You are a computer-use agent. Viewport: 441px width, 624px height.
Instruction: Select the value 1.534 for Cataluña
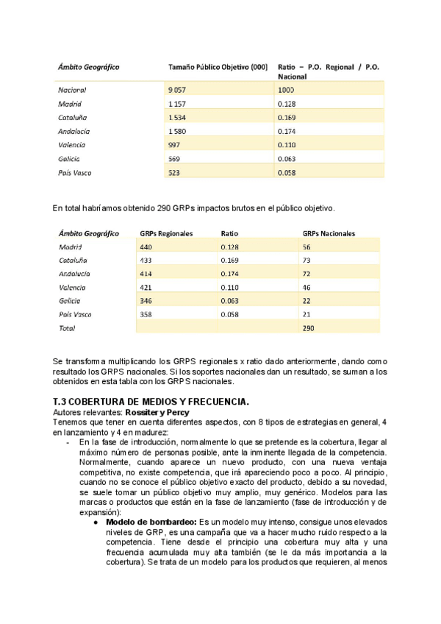pos(176,118)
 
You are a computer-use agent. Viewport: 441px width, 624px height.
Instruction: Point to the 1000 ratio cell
pos(286,90)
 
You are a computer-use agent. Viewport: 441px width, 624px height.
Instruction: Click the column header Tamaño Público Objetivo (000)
pos(218,67)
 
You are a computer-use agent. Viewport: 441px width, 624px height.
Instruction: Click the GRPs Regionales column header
pos(166,233)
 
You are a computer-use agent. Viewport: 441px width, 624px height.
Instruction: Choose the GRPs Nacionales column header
pos(329,233)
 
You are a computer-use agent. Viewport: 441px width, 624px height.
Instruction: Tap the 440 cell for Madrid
pos(146,247)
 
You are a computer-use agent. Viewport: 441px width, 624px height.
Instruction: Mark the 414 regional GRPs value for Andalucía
pos(146,274)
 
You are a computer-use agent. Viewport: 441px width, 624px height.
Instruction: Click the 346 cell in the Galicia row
pos(146,301)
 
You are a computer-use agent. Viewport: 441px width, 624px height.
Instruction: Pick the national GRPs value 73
pos(307,260)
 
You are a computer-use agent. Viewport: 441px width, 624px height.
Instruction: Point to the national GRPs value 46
pos(307,288)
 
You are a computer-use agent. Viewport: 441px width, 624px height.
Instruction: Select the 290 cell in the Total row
pos(309,328)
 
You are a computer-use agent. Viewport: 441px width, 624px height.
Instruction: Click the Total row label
pos(67,328)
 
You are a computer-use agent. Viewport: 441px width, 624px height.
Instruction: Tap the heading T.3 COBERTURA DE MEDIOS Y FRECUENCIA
pos(151,401)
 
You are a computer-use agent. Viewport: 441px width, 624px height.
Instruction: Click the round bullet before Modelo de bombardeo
pos(96,521)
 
